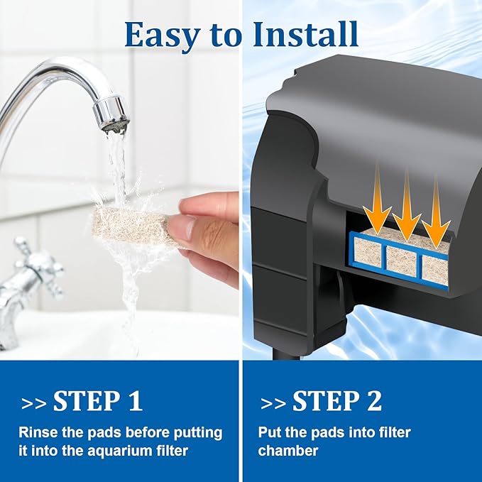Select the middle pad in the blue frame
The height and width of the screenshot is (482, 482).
click(402, 259)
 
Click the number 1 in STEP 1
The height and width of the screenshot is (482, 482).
click(136, 401)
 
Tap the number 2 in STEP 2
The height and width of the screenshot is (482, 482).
click(374, 401)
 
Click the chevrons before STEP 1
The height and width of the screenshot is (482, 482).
click(34, 404)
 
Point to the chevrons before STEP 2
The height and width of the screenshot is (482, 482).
click(273, 404)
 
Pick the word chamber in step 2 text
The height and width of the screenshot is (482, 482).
click(288, 451)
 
